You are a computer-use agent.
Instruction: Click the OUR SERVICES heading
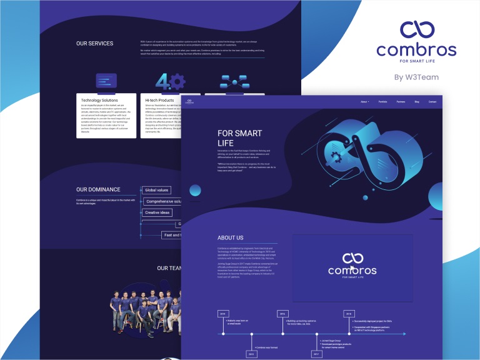click(x=95, y=44)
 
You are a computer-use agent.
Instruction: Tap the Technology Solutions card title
click(x=99, y=100)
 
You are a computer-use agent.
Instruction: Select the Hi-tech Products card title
click(x=159, y=100)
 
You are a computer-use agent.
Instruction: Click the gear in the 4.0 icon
click(x=177, y=81)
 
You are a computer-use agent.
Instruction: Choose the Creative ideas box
click(x=157, y=212)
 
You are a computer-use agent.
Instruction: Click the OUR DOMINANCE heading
click(x=98, y=189)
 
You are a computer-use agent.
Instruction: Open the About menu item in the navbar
click(x=364, y=101)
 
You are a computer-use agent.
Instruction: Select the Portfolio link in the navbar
click(x=383, y=101)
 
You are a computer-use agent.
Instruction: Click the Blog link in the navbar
click(x=417, y=101)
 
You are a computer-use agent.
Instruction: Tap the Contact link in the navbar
click(x=432, y=101)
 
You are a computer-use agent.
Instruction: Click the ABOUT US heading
click(x=231, y=238)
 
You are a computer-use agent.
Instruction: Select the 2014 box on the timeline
click(x=222, y=313)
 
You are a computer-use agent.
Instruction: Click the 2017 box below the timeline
click(x=316, y=354)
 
